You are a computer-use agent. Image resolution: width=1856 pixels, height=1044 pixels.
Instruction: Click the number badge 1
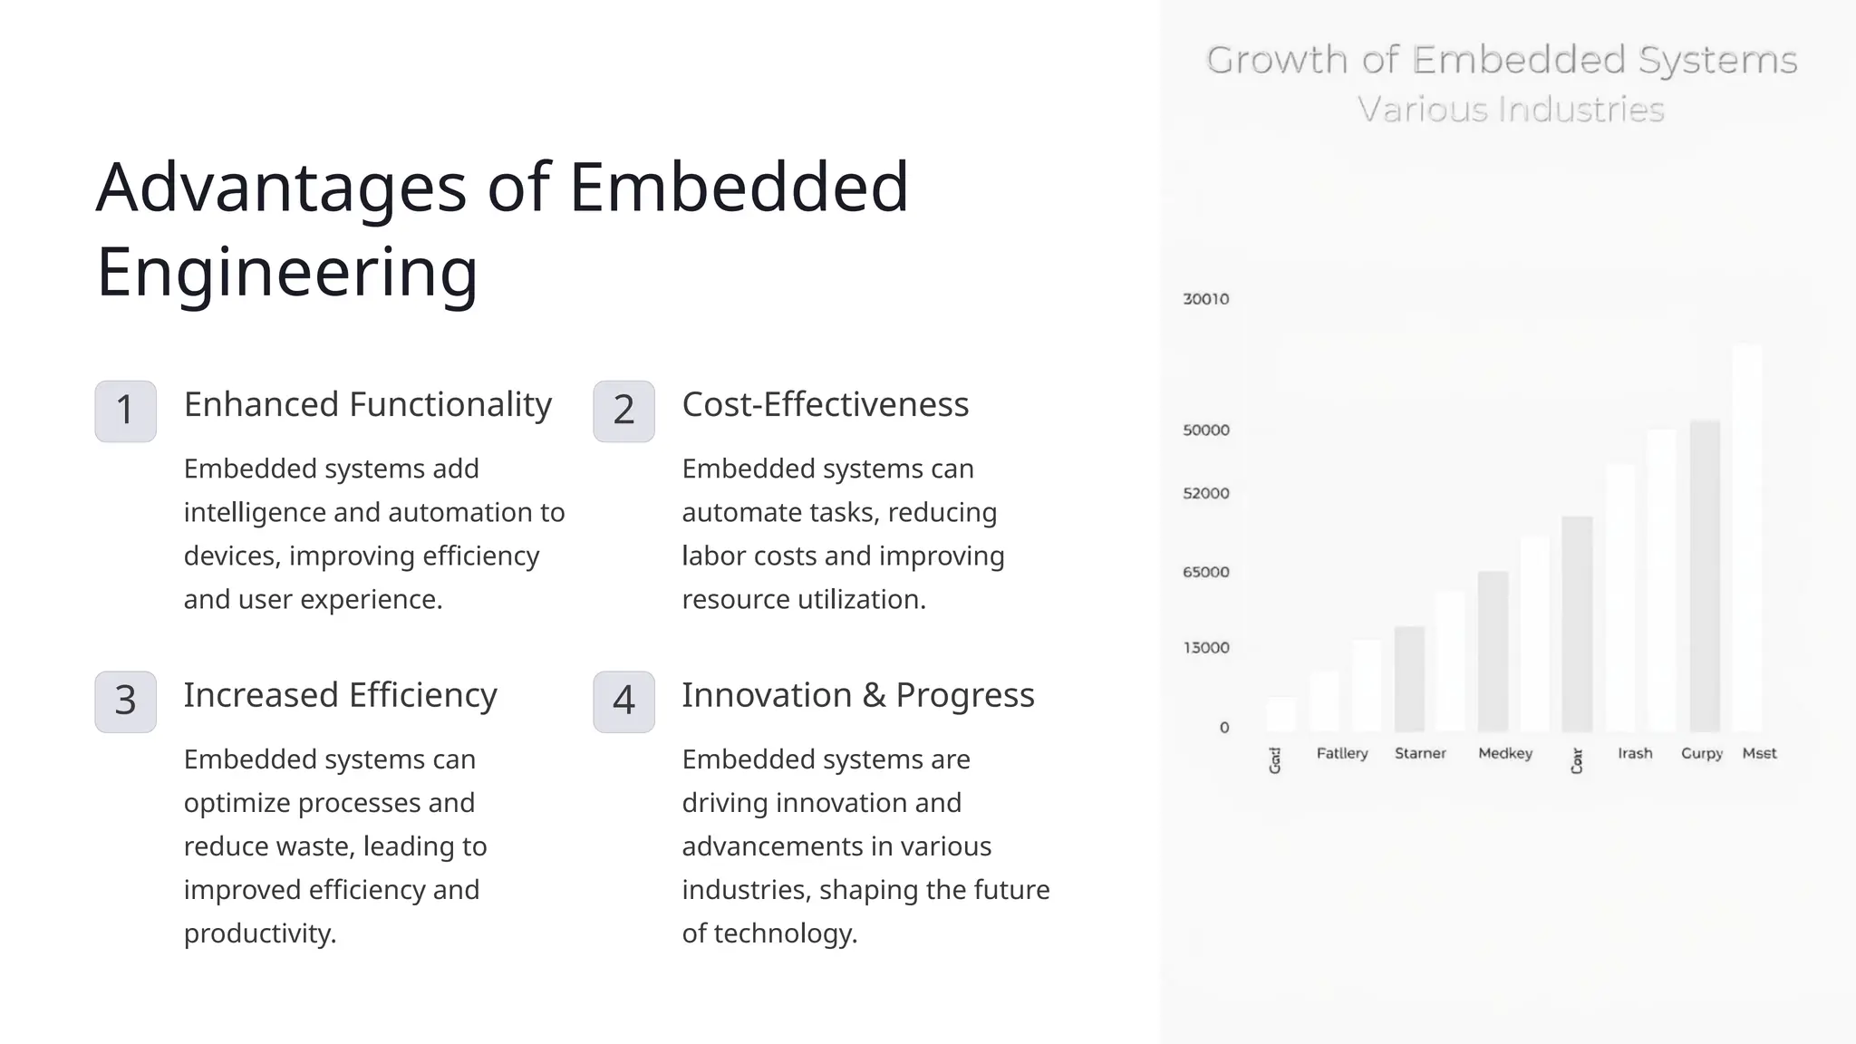coord(125,411)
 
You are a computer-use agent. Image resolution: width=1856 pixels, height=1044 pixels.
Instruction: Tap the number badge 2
coord(623,411)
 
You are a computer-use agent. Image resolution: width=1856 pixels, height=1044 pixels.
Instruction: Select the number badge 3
coord(125,701)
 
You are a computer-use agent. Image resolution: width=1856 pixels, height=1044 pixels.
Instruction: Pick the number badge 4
coord(623,701)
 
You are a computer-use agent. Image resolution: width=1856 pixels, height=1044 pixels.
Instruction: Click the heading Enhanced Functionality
coord(367,404)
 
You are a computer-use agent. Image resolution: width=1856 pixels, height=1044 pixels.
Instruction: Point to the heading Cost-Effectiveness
coord(825,404)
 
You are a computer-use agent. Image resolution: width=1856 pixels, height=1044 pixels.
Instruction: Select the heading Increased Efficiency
coord(340,695)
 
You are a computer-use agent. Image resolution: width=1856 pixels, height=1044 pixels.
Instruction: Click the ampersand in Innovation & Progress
coord(874,695)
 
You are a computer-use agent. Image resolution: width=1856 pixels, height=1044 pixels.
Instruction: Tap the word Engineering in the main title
coord(286,271)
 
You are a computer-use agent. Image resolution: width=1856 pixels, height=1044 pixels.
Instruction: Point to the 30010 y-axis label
coord(1205,299)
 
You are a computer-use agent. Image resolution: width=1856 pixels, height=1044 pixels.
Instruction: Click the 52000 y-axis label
coord(1205,494)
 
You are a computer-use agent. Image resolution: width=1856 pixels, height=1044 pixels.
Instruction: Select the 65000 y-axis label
coord(1205,573)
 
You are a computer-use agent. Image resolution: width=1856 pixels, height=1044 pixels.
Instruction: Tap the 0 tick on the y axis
coord(1223,728)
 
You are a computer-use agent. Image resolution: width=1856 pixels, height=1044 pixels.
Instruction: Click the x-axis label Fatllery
coord(1341,753)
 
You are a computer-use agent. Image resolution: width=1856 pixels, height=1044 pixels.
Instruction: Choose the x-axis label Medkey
coord(1504,753)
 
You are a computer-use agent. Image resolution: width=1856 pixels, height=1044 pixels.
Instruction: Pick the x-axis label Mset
coord(1759,753)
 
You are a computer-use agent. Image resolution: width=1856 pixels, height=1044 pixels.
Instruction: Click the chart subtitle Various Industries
coord(1511,110)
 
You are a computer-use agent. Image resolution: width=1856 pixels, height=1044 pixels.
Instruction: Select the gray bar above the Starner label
coord(1409,680)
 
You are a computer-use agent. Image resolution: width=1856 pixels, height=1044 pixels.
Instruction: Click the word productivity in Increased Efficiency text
coord(259,933)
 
